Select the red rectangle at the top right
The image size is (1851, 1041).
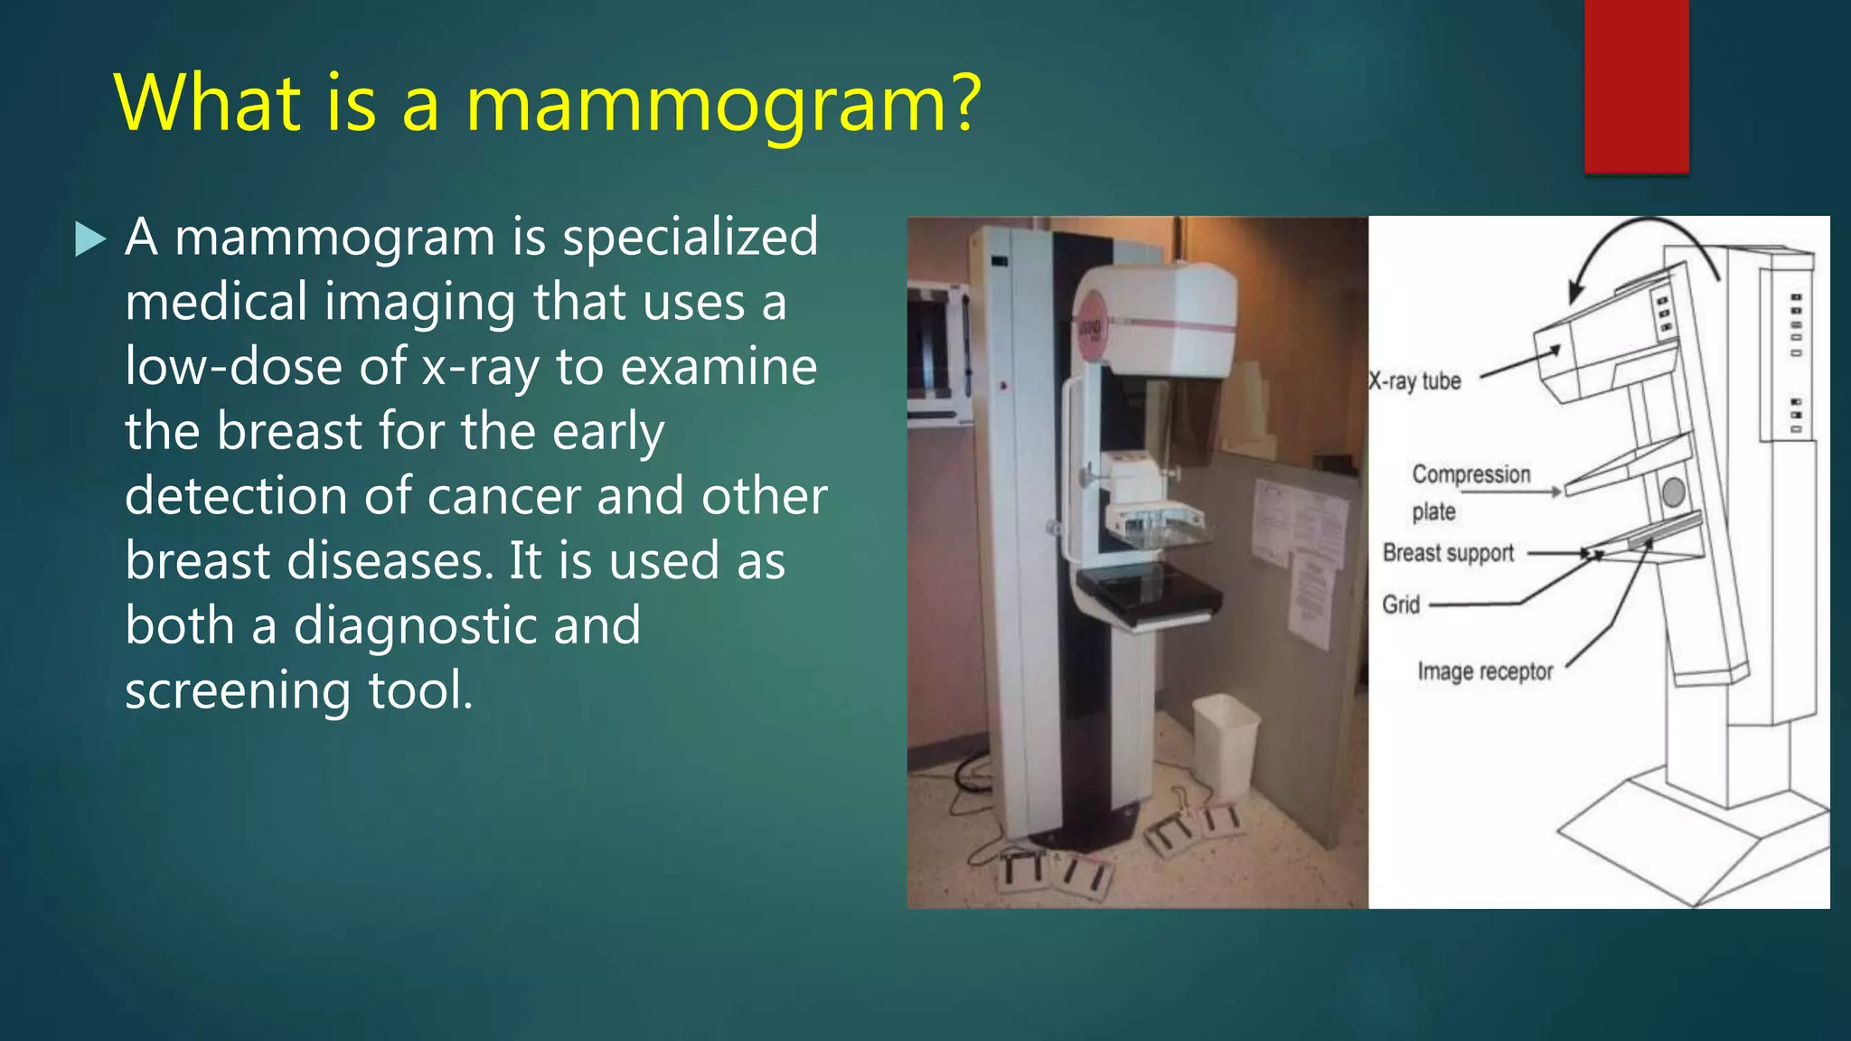1636,85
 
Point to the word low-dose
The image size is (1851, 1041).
233,368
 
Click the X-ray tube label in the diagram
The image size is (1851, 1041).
1415,381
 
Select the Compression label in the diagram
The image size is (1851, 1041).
1470,474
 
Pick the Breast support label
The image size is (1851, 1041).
1448,553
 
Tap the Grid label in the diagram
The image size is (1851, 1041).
1401,605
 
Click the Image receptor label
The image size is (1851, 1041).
1485,671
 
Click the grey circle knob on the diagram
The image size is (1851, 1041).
1673,492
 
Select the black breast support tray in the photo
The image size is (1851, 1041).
1148,595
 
